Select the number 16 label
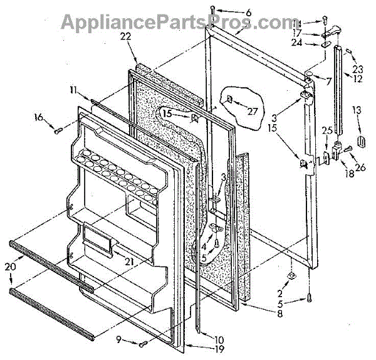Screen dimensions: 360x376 pyautogui.click(x=39, y=117)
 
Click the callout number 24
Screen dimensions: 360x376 pyautogui.click(x=296, y=44)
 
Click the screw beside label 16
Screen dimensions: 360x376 pyautogui.click(x=58, y=130)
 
